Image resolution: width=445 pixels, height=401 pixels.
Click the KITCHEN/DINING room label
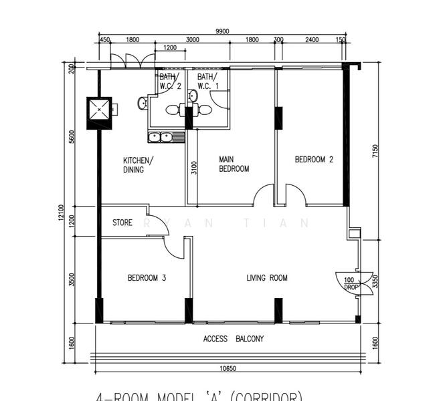[138, 165]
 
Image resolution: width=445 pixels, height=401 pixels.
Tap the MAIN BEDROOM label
[234, 164]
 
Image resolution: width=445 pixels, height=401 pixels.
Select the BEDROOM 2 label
[314, 160]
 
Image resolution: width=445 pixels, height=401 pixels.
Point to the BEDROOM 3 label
[147, 278]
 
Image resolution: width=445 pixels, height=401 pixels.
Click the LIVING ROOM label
[267, 278]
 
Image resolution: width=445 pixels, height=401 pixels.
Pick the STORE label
[122, 223]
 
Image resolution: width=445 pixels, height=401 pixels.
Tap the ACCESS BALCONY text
[234, 339]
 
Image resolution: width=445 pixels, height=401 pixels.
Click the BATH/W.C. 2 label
[170, 82]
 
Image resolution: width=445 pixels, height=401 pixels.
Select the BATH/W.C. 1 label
[207, 82]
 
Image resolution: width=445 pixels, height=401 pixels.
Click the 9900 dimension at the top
[222, 31]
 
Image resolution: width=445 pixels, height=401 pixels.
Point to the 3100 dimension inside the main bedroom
[194, 168]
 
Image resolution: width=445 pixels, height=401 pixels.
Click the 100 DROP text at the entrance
[349, 283]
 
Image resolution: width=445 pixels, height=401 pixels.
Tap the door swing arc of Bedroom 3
[175, 249]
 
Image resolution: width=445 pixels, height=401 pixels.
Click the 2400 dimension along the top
[311, 40]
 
